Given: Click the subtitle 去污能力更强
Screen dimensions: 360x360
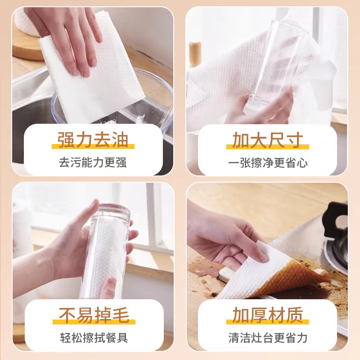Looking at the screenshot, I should [93, 162].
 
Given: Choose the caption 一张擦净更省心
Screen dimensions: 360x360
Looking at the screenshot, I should [267, 162].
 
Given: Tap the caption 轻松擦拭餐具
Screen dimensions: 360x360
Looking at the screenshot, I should [93, 337].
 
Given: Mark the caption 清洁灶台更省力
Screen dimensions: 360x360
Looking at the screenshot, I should [267, 337].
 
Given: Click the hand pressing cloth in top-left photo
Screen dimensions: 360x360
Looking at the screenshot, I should [76, 36].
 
